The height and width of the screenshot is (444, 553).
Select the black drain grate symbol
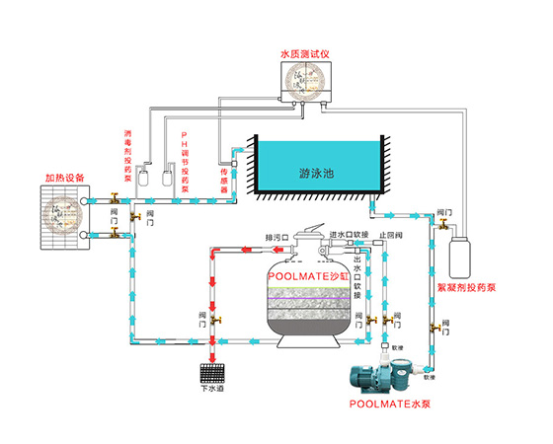[x=213, y=372]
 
